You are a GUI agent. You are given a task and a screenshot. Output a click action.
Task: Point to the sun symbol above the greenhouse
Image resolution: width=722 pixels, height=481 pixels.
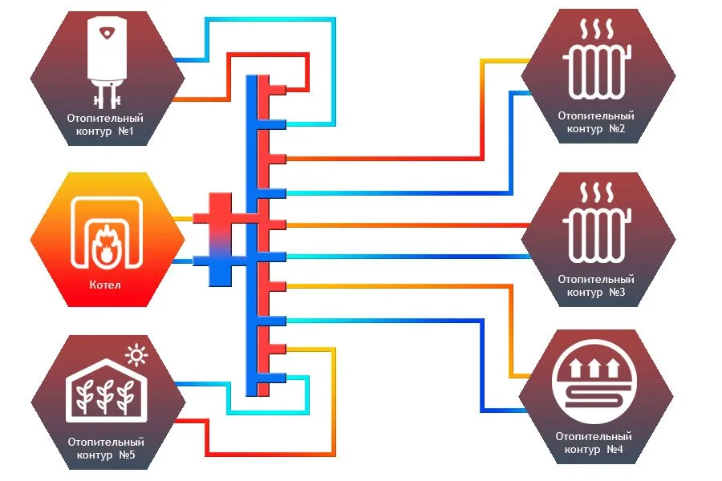pyautogui.click(x=139, y=354)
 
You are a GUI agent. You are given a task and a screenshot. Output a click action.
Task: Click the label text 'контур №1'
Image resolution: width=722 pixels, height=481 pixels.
pyautogui.click(x=101, y=131)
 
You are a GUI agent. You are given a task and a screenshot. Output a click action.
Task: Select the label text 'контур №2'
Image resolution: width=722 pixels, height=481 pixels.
pyautogui.click(x=595, y=128)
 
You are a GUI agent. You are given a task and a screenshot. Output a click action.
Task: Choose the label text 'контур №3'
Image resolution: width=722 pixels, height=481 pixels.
pyautogui.click(x=595, y=293)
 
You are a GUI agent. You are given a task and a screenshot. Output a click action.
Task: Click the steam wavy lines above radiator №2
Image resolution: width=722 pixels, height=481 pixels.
pyautogui.click(x=597, y=34)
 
